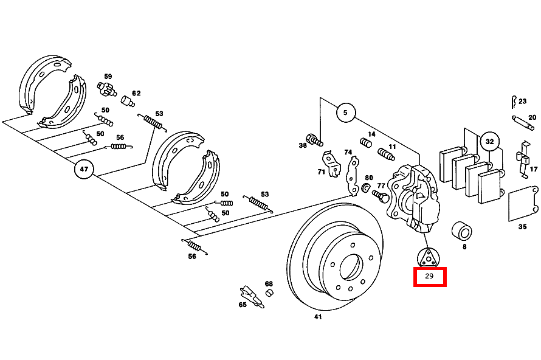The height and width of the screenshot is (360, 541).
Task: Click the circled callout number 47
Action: tap(84, 169)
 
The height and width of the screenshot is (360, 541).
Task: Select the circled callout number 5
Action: tap(345, 112)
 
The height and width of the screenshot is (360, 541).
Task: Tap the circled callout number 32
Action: tap(489, 142)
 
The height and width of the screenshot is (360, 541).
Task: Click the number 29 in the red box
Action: tap(429, 276)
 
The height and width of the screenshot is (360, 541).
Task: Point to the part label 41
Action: tap(318, 316)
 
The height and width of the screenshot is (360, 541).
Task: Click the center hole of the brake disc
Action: tap(351, 267)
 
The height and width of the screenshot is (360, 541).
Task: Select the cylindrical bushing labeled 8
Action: tap(461, 231)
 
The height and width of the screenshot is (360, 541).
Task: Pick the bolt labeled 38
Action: tap(314, 140)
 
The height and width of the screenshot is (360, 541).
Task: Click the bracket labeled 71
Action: tap(331, 164)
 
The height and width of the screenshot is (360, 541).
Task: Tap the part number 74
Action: tap(348, 152)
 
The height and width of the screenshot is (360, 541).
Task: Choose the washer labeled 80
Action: tap(366, 189)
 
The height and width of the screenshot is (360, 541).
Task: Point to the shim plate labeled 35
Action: tap(523, 204)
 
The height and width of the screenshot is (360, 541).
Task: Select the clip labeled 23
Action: tap(514, 102)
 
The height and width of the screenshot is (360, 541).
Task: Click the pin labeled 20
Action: tap(523, 123)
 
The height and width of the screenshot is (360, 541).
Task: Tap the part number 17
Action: tap(534, 169)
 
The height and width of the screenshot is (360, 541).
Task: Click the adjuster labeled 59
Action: tap(106, 89)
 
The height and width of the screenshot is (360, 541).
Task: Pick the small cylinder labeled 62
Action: tap(127, 101)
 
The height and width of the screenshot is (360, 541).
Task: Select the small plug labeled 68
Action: tap(269, 293)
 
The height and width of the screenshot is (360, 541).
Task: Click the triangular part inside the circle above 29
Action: tap(428, 258)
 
